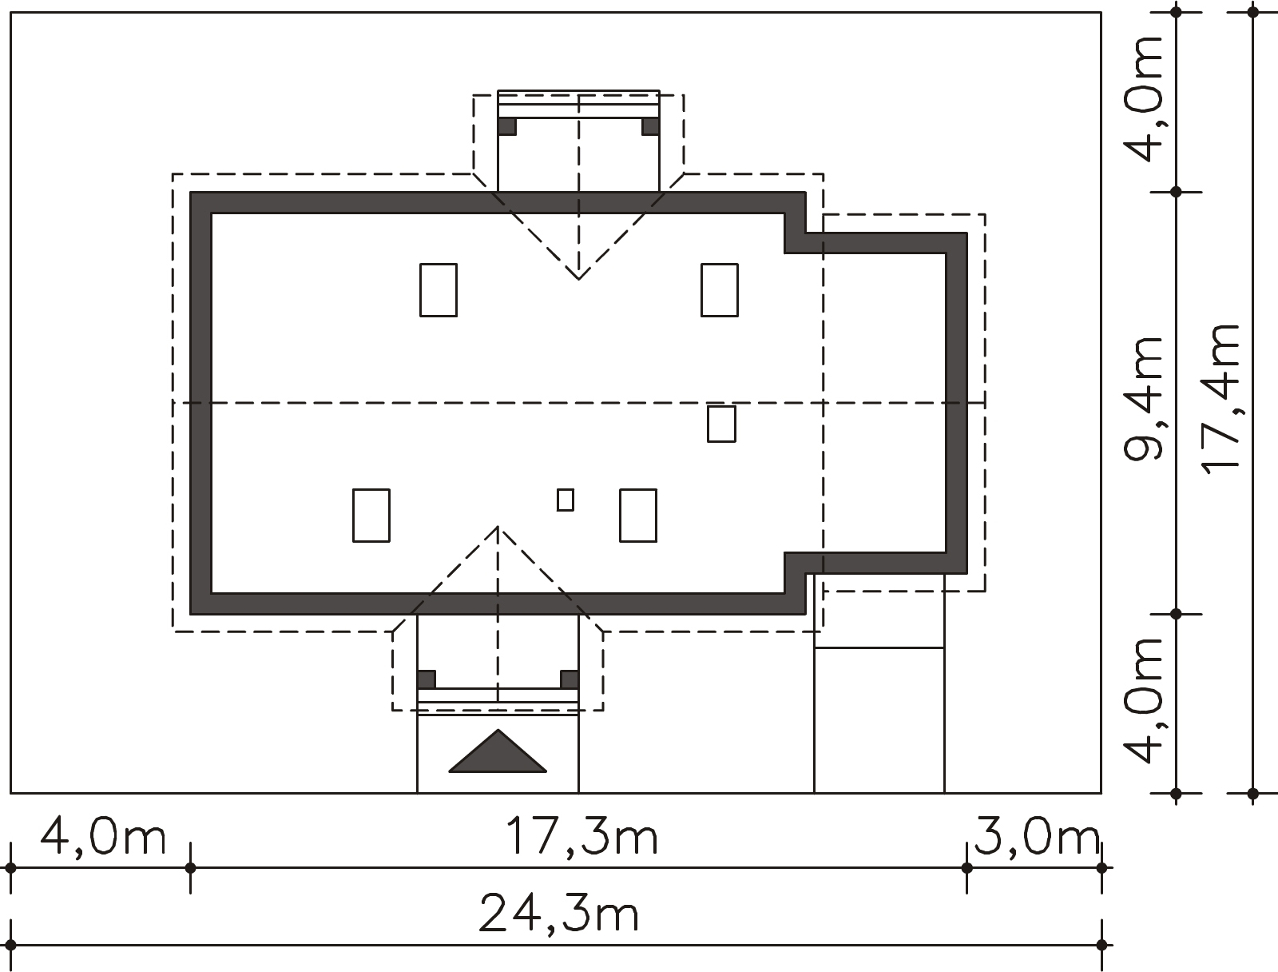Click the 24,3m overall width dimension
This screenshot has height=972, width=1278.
point(558,914)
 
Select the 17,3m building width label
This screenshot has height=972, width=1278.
point(581,836)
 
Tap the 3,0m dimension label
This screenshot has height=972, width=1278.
point(1036,836)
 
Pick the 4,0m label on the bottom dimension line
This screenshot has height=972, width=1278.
point(103,836)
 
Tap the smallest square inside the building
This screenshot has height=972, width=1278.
point(566,500)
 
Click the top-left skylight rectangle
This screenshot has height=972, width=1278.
point(439,290)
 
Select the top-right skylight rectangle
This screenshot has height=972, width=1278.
point(720,290)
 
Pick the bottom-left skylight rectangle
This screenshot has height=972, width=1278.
point(371,516)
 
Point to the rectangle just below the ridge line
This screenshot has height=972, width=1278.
point(722,424)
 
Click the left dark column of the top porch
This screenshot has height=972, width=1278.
point(507,126)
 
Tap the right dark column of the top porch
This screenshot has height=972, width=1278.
point(650,126)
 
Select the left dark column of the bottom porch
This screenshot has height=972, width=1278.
point(427,679)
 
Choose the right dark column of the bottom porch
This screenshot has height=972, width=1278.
point(570,679)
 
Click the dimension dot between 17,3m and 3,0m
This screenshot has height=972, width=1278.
point(967,868)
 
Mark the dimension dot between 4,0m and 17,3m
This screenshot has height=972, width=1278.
point(190,868)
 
